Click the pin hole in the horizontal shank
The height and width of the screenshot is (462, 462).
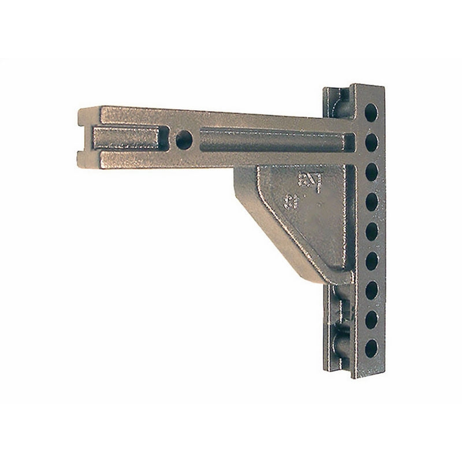pos(184,139)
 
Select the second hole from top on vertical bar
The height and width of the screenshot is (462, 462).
pos(370,141)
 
